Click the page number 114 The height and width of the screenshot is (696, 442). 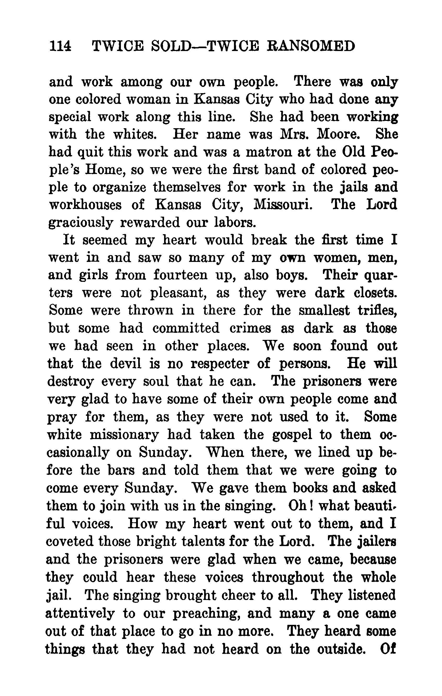coord(60,46)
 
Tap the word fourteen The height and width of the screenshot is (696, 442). coord(180,275)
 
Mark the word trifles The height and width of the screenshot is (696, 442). coord(377,310)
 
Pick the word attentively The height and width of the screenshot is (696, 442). coord(80,612)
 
